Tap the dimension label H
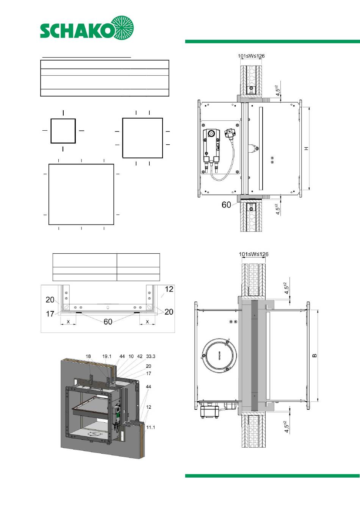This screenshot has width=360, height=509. click(x=307, y=148)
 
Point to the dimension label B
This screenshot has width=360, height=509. click(x=315, y=356)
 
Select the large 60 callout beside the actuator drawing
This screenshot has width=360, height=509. click(x=226, y=205)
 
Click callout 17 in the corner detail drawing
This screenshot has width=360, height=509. click(x=50, y=314)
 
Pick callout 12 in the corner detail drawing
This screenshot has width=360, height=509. click(x=169, y=289)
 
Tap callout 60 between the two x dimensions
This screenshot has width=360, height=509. click(x=108, y=322)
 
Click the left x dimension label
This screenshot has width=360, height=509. click(x=68, y=322)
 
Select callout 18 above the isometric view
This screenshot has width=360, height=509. click(x=88, y=356)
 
